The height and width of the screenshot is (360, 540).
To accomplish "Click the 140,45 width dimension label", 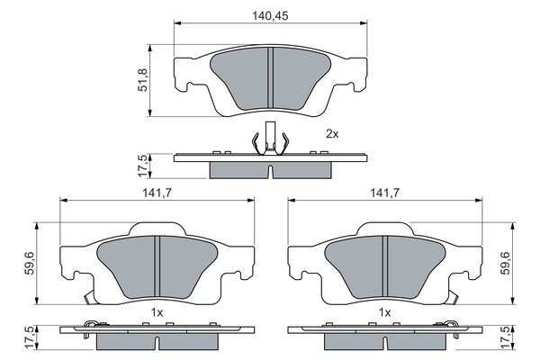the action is click(x=270, y=16).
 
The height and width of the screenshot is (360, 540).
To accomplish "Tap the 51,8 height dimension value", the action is click(x=142, y=80).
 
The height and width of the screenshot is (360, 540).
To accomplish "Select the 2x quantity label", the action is click(x=332, y=134).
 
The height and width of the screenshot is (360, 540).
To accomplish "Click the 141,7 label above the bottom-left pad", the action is click(x=157, y=193).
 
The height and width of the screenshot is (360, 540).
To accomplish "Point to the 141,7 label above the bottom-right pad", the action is click(x=384, y=193).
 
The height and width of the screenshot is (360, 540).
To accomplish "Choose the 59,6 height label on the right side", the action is click(x=506, y=263).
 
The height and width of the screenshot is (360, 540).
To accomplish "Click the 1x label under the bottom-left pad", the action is click(x=157, y=313).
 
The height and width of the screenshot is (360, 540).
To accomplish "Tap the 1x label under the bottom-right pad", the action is click(x=384, y=313).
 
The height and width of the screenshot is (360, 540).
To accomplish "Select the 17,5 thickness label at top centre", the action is click(x=142, y=166).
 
